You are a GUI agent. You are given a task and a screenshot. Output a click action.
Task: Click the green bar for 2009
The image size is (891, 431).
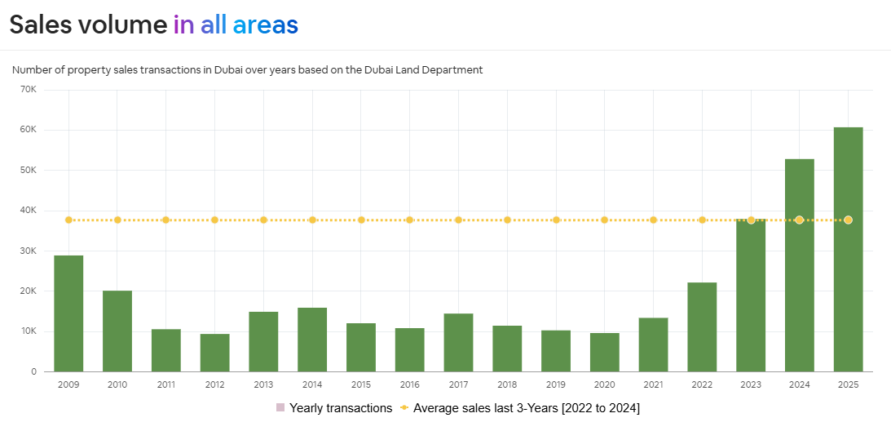coord(68,313)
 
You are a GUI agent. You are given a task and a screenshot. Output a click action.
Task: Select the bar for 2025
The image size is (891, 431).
coord(848,249)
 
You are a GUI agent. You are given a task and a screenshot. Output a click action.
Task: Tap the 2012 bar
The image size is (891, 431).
coord(214,353)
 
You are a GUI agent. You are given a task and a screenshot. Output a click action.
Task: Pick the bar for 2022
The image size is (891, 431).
coord(702,327)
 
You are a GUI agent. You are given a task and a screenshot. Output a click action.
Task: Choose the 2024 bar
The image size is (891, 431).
coord(799,265)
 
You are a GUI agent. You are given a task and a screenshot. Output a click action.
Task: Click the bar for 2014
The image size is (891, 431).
coord(312,340)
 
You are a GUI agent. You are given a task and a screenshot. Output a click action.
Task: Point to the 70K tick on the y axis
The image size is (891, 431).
coord(28,89)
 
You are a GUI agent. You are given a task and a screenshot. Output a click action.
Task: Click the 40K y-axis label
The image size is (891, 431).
coord(28,211)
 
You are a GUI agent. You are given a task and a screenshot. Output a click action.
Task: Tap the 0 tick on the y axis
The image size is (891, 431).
coord(33,372)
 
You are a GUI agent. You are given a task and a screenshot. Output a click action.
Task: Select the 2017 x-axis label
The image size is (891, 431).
coord(458,384)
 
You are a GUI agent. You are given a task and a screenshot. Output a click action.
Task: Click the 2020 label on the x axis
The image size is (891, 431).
coord(604,384)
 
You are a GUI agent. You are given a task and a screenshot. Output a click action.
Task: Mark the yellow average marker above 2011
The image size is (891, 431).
coord(165,220)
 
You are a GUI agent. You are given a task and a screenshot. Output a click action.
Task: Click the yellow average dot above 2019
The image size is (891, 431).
coord(556,220)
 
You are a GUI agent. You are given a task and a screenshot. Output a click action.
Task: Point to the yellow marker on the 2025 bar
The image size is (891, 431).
coord(848,220)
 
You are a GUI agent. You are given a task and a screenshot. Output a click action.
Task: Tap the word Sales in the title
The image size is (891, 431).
coord(41,25)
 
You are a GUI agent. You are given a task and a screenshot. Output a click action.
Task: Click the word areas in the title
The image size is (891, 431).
coord(265,25)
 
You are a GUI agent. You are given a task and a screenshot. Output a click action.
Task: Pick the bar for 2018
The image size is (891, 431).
coord(507,349)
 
